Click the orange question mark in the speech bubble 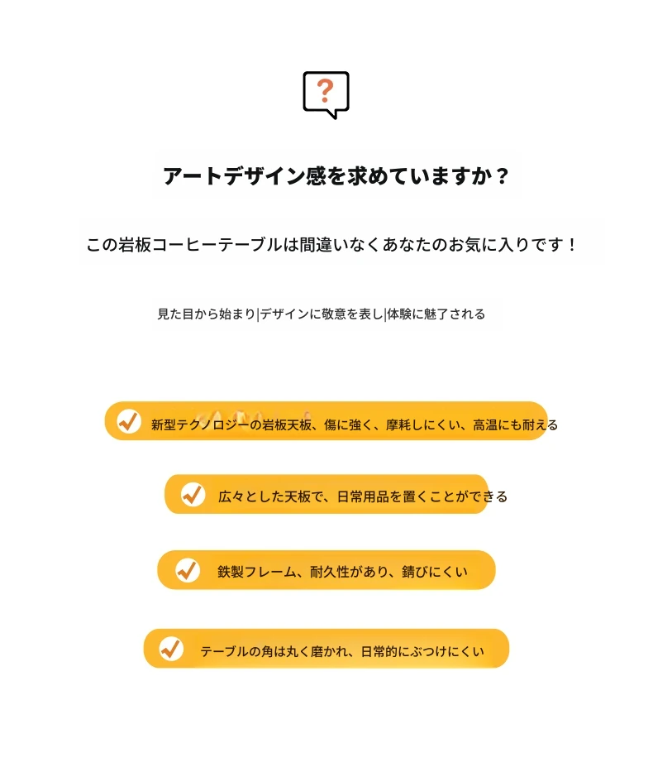pyautogui.click(x=325, y=90)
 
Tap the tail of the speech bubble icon pyautogui.click(x=334, y=114)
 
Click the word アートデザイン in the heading pyautogui.click(x=234, y=175)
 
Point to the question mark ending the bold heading pyautogui.click(x=502, y=175)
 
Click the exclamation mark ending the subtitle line pyautogui.click(x=571, y=244)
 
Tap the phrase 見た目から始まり pyautogui.click(x=207, y=314)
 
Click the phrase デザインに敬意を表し pyautogui.click(x=322, y=314)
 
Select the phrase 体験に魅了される pyautogui.click(x=436, y=314)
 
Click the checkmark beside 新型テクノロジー pyautogui.click(x=129, y=421)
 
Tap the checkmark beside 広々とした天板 pyautogui.click(x=193, y=494)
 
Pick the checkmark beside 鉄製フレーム pyautogui.click(x=188, y=571)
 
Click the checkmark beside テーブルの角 pyautogui.click(x=171, y=649)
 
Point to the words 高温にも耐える pyautogui.click(x=515, y=425)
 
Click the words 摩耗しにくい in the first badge pyautogui.click(x=417, y=425)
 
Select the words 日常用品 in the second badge pyautogui.click(x=363, y=496)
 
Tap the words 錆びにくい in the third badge pyautogui.click(x=435, y=572)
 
